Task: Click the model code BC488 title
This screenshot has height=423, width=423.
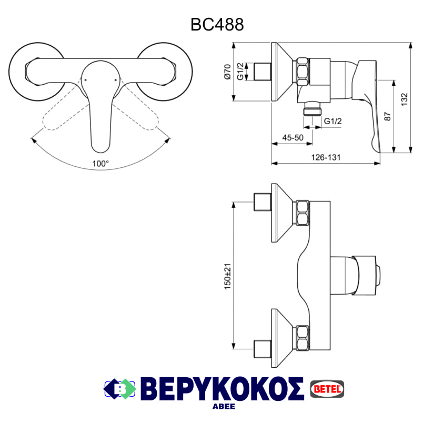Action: (x=217, y=24)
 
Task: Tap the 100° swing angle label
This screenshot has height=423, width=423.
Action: (x=100, y=163)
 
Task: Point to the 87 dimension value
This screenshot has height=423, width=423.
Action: (x=387, y=116)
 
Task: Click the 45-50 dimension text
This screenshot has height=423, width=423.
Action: (x=293, y=137)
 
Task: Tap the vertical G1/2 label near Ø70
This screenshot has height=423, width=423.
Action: (x=240, y=72)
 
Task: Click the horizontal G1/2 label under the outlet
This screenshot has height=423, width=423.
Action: (x=333, y=121)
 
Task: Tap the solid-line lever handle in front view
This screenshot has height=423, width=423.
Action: (x=99, y=105)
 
